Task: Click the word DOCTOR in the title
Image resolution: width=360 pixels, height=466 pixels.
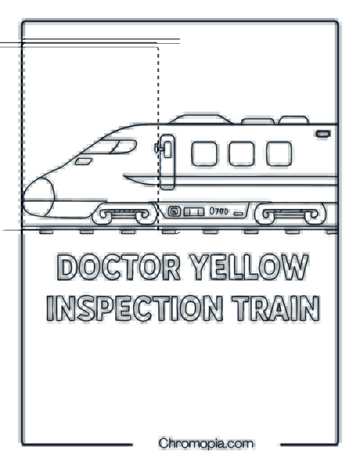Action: pyautogui.click(x=119, y=267)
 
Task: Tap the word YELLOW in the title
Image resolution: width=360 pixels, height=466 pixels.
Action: pyautogui.click(x=249, y=267)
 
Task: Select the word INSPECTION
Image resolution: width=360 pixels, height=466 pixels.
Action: pyautogui.click(x=135, y=308)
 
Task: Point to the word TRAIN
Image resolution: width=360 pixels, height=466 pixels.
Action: pyautogui.click(x=276, y=308)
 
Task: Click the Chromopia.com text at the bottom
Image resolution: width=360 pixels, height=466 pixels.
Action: pyautogui.click(x=206, y=443)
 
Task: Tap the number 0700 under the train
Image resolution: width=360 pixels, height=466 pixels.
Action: pyautogui.click(x=219, y=211)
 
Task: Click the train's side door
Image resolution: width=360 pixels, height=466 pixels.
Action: pyautogui.click(x=167, y=162)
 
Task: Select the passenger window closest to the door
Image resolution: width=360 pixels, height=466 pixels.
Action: pyautogui.click(x=204, y=154)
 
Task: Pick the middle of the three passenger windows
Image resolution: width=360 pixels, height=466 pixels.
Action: pyautogui.click(x=242, y=154)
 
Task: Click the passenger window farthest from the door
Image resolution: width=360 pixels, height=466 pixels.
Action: pyautogui.click(x=279, y=154)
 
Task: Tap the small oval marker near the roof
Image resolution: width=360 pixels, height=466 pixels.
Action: pyautogui.click(x=323, y=134)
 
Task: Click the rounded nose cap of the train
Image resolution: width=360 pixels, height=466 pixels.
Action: pyautogui.click(x=39, y=197)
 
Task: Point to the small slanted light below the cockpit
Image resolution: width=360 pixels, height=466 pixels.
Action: pyautogui.click(x=83, y=161)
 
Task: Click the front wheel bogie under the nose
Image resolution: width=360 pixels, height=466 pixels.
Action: pyautogui.click(x=125, y=214)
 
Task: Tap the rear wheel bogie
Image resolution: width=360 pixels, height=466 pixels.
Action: pyautogui.click(x=290, y=214)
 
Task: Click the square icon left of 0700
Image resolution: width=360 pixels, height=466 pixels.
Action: pyautogui.click(x=174, y=212)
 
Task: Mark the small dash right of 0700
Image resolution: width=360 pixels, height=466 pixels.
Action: pyautogui.click(x=238, y=214)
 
